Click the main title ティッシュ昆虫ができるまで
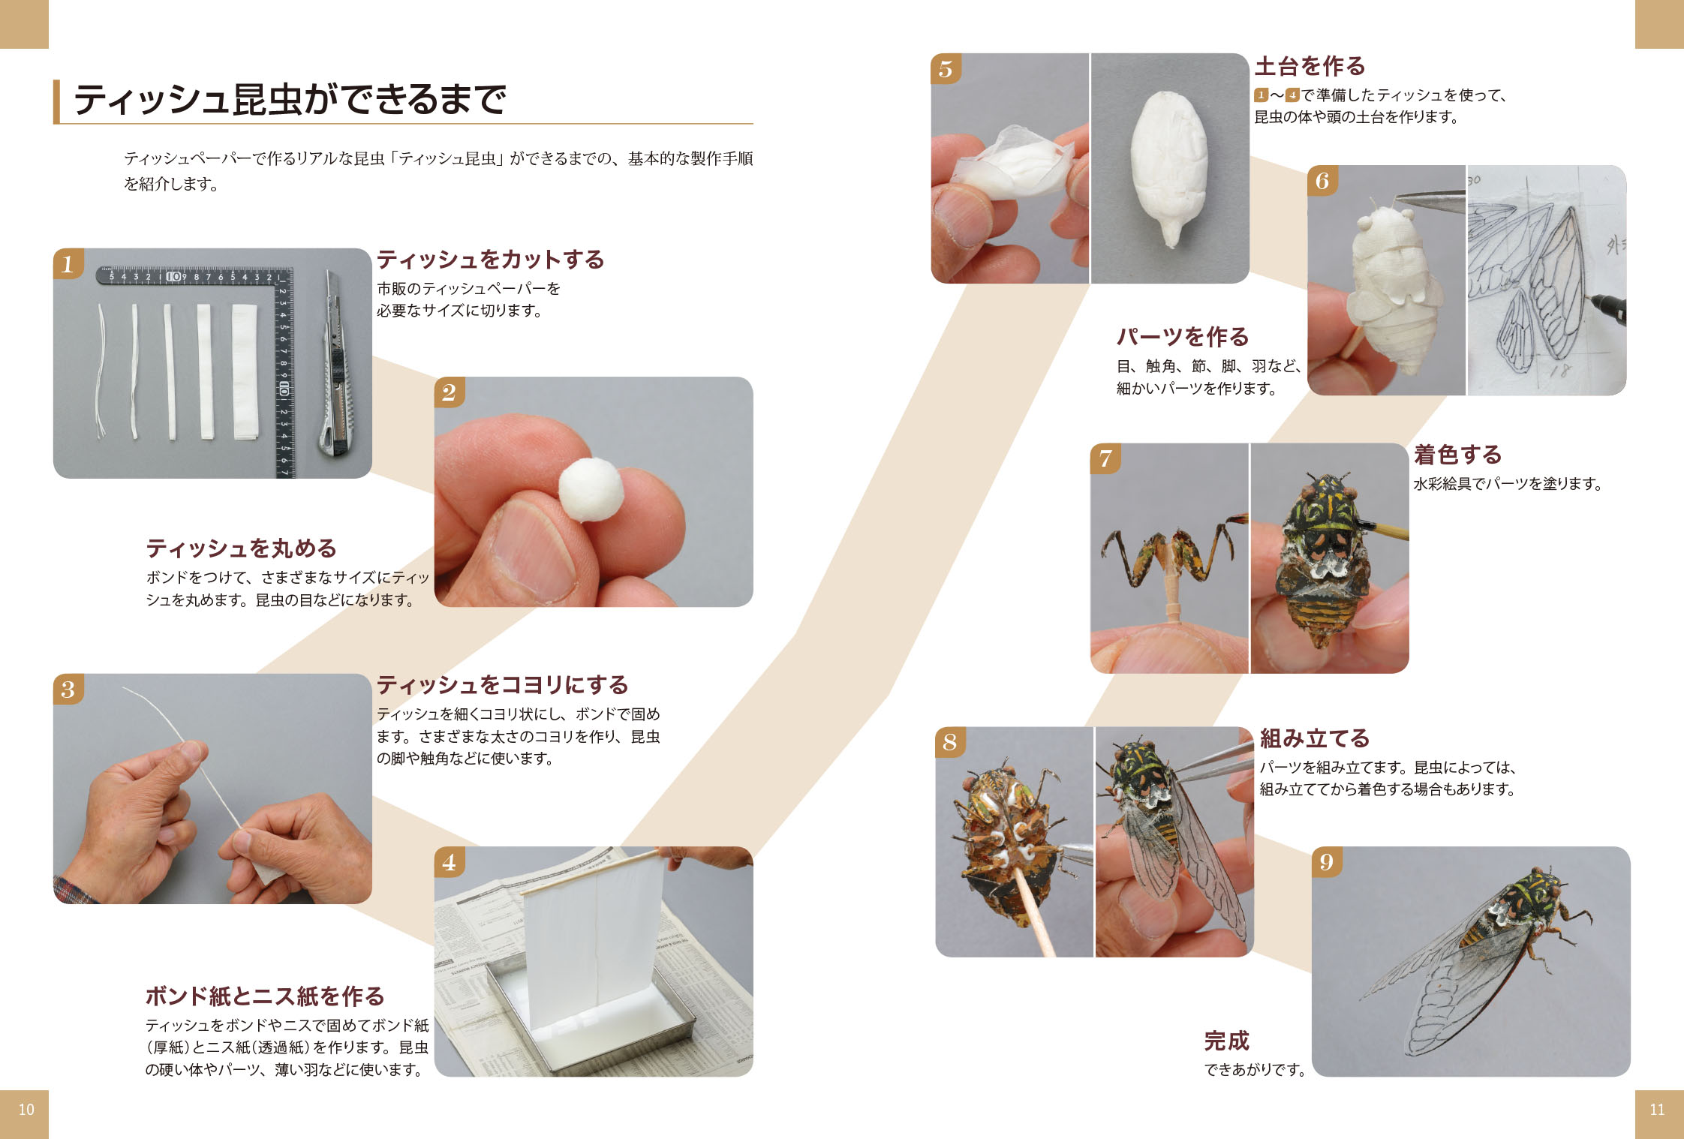(290, 99)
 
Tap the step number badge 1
(68, 263)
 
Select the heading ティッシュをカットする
(490, 260)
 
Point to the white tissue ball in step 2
(591, 488)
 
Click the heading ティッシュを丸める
(241, 548)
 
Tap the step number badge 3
(68, 689)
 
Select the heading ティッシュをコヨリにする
(502, 685)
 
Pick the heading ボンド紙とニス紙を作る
(265, 996)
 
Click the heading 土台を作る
(1310, 66)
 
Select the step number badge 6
(1322, 181)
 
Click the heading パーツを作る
(1183, 337)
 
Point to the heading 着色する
(1457, 455)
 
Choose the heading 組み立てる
(1315, 738)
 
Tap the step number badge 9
(1327, 862)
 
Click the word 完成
(1227, 1041)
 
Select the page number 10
(26, 1110)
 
